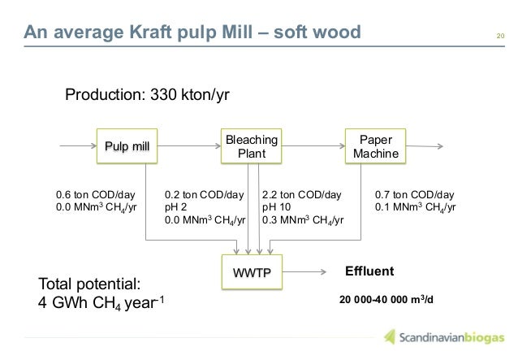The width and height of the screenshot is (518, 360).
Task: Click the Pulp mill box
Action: [127, 146]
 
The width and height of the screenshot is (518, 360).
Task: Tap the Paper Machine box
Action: [375, 145]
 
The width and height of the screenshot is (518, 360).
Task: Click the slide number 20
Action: [500, 34]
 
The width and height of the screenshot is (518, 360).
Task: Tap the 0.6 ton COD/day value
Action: [95, 195]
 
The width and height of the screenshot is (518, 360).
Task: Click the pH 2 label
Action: [179, 207]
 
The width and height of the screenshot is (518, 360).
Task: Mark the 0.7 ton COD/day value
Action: [414, 195]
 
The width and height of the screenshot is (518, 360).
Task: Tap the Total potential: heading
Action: [90, 284]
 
